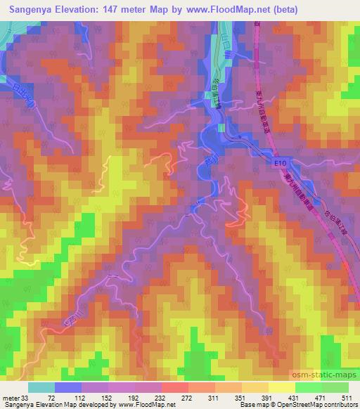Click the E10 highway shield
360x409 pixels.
pos(281,163)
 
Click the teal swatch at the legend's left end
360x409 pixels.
pos(41,387)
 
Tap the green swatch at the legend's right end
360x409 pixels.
pos(335,387)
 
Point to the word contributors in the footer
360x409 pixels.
pos(341,405)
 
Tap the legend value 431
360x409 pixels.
pos(292,397)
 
